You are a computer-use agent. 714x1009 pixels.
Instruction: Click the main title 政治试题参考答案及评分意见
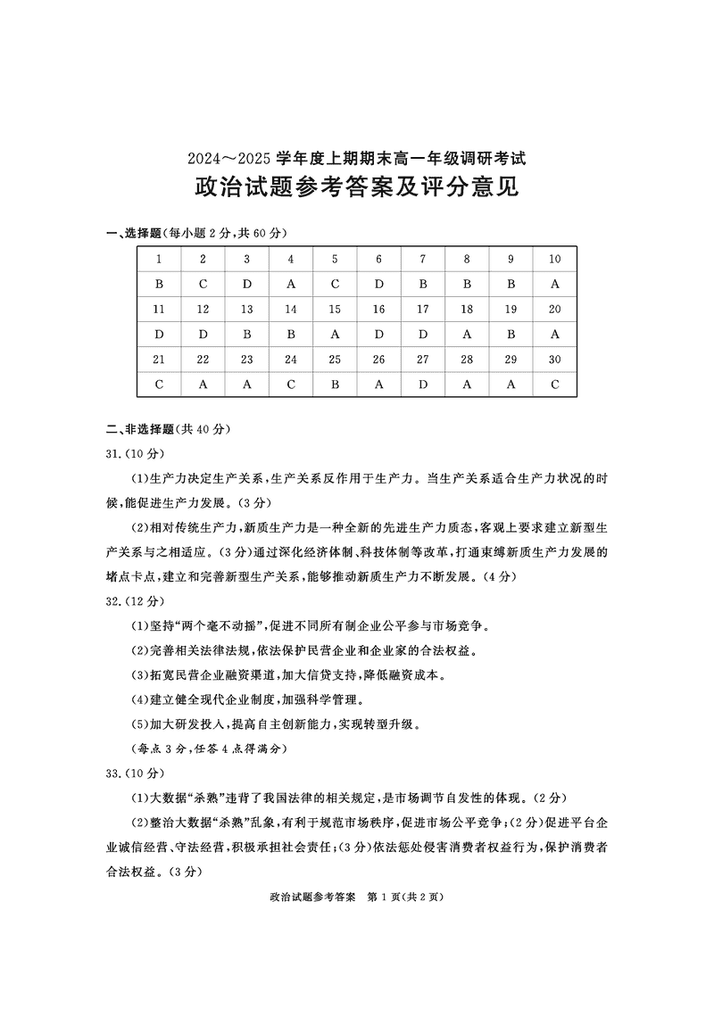point(357,190)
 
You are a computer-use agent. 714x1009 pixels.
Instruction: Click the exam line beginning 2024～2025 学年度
point(357,159)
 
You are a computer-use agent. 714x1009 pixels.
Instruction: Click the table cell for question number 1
point(159,260)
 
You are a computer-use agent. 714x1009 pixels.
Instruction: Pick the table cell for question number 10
point(554,260)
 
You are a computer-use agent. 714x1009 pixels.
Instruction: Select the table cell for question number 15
point(335,310)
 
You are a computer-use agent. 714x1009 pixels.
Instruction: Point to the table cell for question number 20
point(554,310)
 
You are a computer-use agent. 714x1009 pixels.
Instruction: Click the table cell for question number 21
point(159,360)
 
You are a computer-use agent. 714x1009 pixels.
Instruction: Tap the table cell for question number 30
point(554,360)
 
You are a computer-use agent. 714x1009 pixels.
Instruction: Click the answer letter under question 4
point(290,285)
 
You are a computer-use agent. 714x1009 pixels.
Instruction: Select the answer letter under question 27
point(422,385)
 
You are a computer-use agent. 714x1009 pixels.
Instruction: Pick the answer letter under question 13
point(246,335)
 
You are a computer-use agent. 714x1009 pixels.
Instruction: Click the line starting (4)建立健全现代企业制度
point(260,699)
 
